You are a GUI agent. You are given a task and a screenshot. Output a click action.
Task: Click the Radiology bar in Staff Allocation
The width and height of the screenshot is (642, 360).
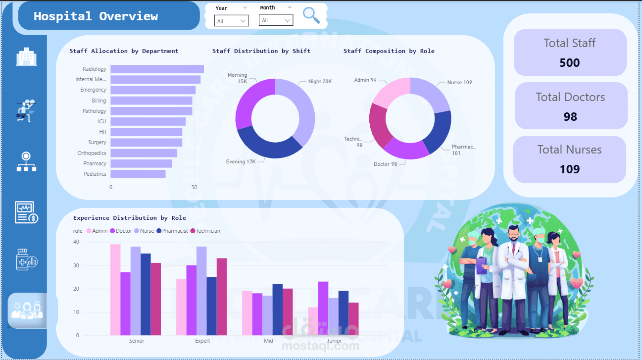tap(157, 69)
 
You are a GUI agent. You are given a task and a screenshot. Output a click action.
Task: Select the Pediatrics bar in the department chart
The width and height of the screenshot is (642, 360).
tap(138, 174)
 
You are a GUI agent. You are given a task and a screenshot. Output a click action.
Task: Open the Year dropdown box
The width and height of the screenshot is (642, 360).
tap(231, 20)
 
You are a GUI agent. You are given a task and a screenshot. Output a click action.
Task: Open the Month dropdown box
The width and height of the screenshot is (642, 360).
tap(276, 20)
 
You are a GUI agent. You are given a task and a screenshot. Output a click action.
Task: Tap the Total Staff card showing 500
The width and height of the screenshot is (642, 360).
tap(570, 52)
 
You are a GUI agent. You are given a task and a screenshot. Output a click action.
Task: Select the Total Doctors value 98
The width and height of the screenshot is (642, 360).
tap(570, 117)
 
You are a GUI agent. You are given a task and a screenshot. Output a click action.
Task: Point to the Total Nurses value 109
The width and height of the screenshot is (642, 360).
tap(569, 169)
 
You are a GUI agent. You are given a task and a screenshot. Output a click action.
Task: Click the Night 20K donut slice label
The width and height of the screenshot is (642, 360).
tap(320, 82)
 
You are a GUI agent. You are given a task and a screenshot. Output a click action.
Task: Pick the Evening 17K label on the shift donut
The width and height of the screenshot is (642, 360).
tap(241, 161)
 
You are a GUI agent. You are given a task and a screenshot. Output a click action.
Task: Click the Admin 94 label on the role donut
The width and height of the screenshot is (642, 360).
tap(365, 80)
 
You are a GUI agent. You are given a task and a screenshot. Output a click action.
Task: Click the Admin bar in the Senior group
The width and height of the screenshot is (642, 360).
tap(115, 289)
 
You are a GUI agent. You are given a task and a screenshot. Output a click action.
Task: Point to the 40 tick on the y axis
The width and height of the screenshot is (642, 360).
tap(76, 242)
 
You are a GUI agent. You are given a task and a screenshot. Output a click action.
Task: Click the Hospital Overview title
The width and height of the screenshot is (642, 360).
tap(96, 16)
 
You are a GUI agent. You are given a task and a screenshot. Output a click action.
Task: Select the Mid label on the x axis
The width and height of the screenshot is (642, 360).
tap(268, 341)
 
